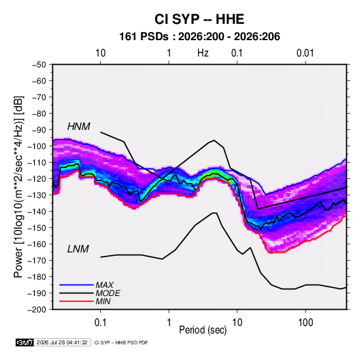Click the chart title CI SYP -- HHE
199,19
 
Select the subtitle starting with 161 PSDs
199,37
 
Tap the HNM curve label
79,127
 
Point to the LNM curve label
78,249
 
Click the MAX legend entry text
105,284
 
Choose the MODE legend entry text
108,293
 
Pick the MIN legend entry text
103,301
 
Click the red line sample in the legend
76,301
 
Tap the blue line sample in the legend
76,284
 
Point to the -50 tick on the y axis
39,65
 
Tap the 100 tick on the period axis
305,323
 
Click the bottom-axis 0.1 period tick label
101,323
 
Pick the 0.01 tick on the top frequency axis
305,53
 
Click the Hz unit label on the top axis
203,53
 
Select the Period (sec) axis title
203,330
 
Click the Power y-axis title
18,186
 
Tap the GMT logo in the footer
25,342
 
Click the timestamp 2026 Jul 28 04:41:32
62,342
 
